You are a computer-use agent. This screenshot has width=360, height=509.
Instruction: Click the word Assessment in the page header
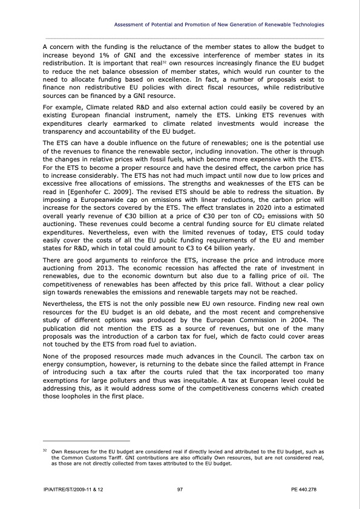click(131, 24)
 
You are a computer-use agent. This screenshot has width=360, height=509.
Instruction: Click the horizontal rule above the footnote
click(86, 441)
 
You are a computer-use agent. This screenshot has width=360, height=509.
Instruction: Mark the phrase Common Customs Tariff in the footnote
click(87, 458)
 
